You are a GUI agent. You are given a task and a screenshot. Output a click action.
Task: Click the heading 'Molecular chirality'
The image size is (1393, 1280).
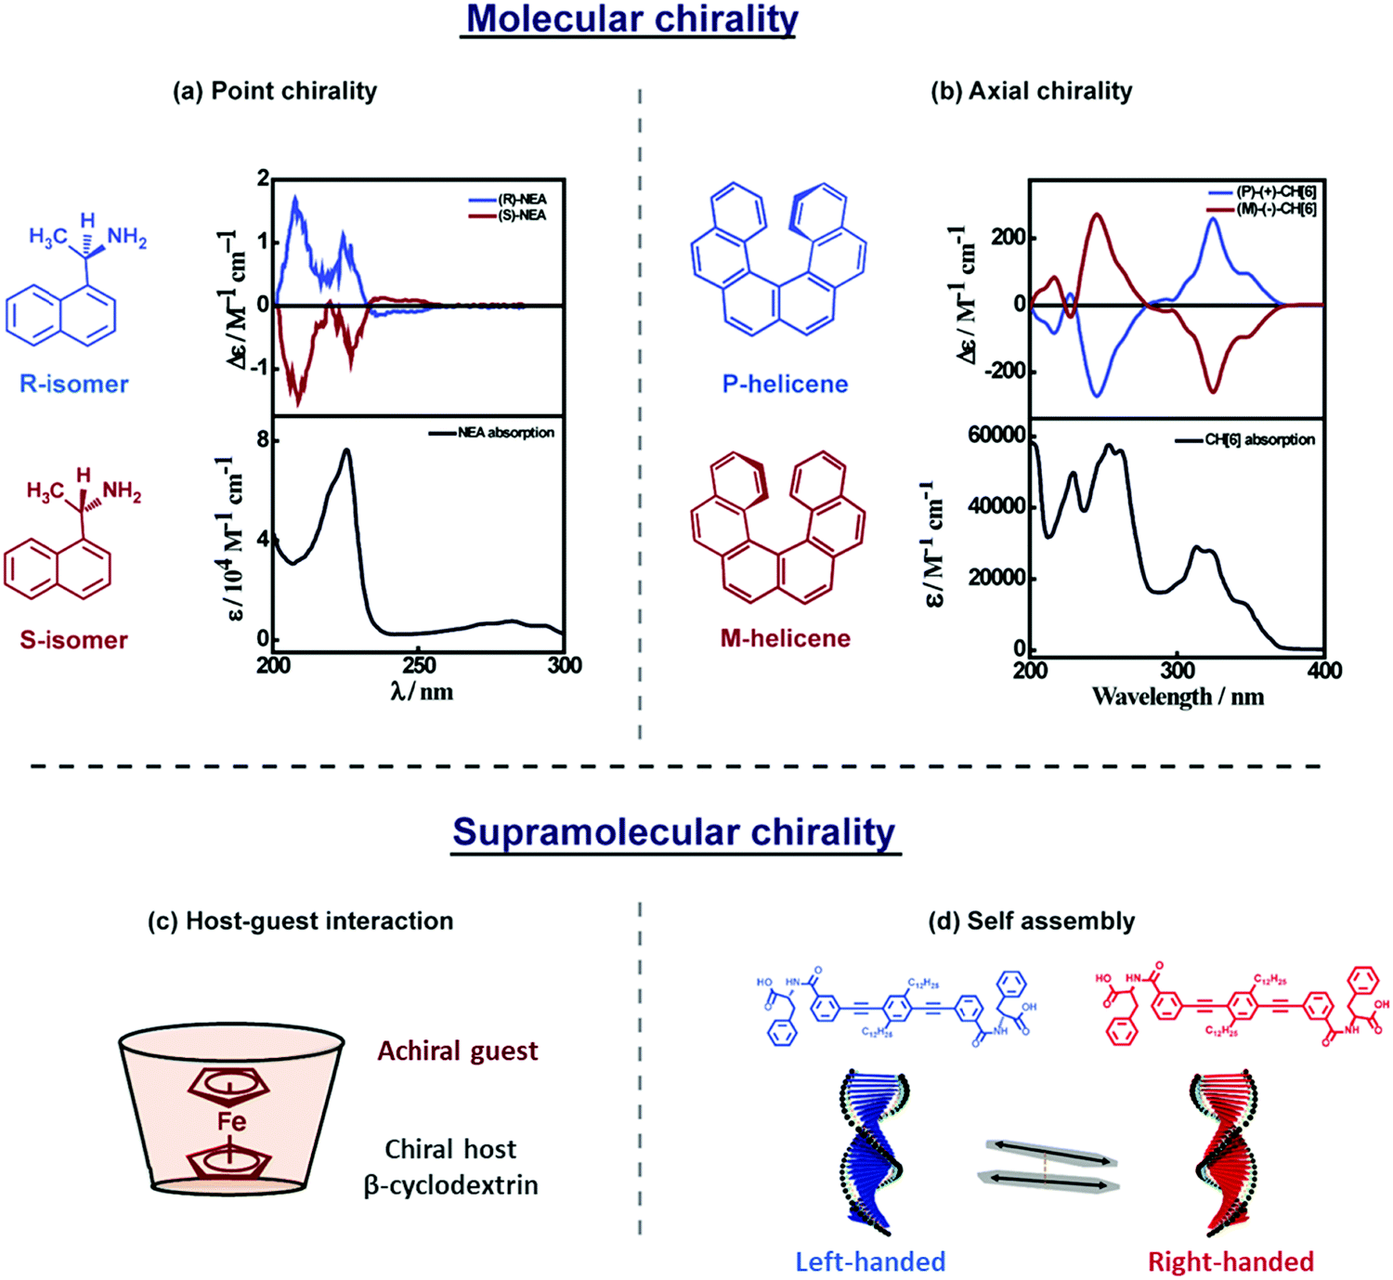click(x=631, y=20)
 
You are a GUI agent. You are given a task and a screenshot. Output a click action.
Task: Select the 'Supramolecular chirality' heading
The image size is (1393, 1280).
click(x=674, y=832)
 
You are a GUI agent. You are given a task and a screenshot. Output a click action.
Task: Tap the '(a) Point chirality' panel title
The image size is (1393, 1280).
click(x=275, y=91)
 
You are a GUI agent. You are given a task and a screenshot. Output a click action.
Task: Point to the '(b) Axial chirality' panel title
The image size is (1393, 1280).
click(x=1032, y=91)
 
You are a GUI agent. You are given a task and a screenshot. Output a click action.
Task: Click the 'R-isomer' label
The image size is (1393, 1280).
click(x=74, y=384)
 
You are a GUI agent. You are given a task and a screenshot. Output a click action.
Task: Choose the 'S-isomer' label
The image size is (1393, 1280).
click(x=74, y=639)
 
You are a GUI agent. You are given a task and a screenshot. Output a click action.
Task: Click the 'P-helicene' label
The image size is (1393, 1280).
click(x=785, y=384)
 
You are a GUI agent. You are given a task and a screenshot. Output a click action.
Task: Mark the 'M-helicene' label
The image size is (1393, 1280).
click(x=785, y=638)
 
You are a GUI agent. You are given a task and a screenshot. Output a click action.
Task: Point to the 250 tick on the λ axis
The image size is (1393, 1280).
click(x=420, y=665)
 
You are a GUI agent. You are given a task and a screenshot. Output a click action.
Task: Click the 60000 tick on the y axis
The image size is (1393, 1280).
click(x=996, y=436)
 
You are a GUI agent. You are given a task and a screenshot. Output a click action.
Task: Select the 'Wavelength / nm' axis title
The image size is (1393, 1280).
click(x=1178, y=697)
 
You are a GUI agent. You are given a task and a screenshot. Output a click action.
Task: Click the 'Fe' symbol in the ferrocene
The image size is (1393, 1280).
click(x=231, y=1121)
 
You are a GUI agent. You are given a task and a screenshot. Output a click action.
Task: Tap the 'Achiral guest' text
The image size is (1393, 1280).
click(x=457, y=1051)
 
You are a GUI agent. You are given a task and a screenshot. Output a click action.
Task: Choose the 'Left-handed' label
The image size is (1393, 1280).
click(x=870, y=1261)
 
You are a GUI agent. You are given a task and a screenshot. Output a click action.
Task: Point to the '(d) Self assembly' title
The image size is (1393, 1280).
click(x=1032, y=921)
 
